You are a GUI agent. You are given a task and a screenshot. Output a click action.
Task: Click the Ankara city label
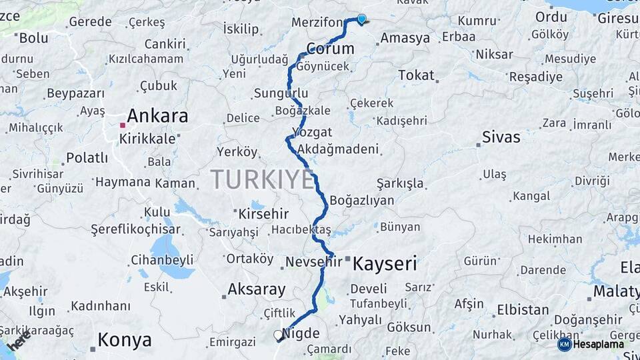click(x=157, y=116)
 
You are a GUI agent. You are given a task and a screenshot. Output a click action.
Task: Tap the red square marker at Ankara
click(x=122, y=125)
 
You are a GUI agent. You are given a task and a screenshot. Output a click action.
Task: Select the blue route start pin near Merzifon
click(x=361, y=19)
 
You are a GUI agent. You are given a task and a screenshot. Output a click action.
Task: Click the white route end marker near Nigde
click(x=278, y=335)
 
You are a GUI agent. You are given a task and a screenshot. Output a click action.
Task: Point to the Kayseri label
click(x=385, y=264)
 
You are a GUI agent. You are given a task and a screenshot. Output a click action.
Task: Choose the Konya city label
click(x=125, y=340)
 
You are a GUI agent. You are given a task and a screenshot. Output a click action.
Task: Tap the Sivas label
click(x=501, y=138)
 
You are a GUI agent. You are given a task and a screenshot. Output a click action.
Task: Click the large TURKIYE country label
click(x=262, y=179)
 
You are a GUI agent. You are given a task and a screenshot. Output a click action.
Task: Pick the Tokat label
click(x=416, y=75)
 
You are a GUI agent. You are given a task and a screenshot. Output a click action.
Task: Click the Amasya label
click(x=405, y=38)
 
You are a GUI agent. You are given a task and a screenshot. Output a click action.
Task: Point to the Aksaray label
click(x=257, y=289)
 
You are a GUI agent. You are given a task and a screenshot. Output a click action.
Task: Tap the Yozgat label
click(x=312, y=131)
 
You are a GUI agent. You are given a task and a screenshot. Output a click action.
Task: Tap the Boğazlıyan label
click(x=362, y=200)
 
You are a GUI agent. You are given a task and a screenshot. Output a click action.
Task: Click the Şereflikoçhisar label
click(x=136, y=229)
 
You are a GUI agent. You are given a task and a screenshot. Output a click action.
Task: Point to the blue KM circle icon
click(x=564, y=344)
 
